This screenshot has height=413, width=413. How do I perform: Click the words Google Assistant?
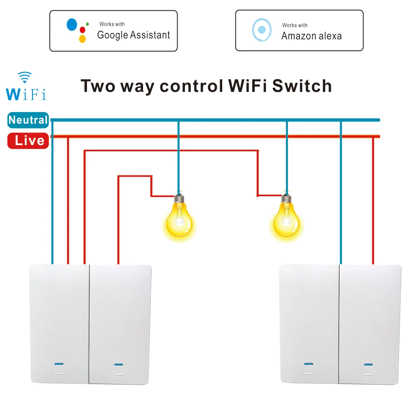pyautogui.click(x=134, y=35)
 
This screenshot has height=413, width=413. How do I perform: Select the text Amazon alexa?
pyautogui.click(x=311, y=36)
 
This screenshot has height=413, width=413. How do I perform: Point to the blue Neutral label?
pyautogui.click(x=28, y=120)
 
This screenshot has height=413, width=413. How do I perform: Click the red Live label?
pyautogui.click(x=28, y=141)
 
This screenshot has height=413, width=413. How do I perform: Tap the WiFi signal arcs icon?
pyautogui.click(x=24, y=77)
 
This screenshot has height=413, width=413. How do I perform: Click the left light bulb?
pyautogui.click(x=179, y=221)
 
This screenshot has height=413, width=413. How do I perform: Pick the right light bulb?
pyautogui.click(x=287, y=221)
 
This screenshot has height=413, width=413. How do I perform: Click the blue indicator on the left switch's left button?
pyautogui.click(x=59, y=364)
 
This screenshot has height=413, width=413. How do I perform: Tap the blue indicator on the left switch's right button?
pyautogui.click(x=119, y=365)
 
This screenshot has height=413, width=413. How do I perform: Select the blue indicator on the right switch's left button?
pyautogui.click(x=308, y=364)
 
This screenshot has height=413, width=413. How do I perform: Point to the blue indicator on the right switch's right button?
pyautogui.click(x=368, y=364)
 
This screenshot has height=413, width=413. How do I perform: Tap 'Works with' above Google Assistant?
pyautogui.click(x=112, y=24)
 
